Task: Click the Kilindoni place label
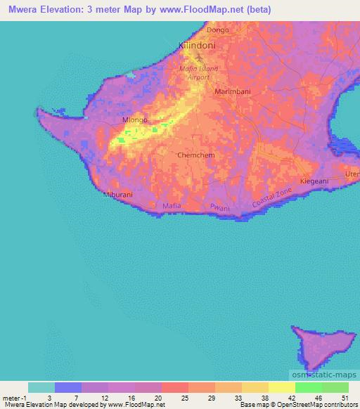point(197,45)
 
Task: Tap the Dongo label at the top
point(216,30)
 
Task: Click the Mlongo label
point(135,120)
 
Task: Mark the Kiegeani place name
point(315,181)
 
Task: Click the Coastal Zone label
point(275,200)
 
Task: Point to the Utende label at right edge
point(352,173)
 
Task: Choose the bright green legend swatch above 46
point(308,387)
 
